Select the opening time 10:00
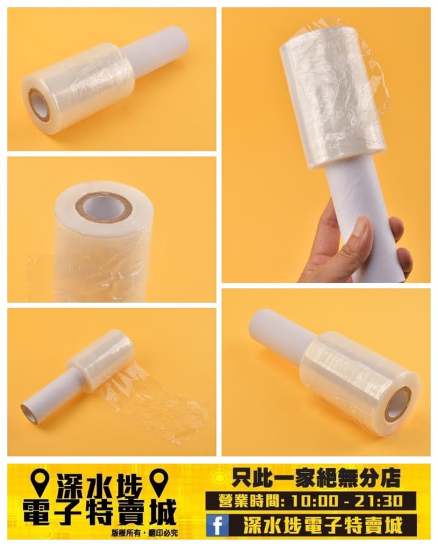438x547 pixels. (314, 501)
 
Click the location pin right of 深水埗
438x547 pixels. (160, 482)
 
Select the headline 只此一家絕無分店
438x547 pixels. (316, 479)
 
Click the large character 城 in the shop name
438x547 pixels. (161, 513)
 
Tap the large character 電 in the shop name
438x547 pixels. (36, 513)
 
